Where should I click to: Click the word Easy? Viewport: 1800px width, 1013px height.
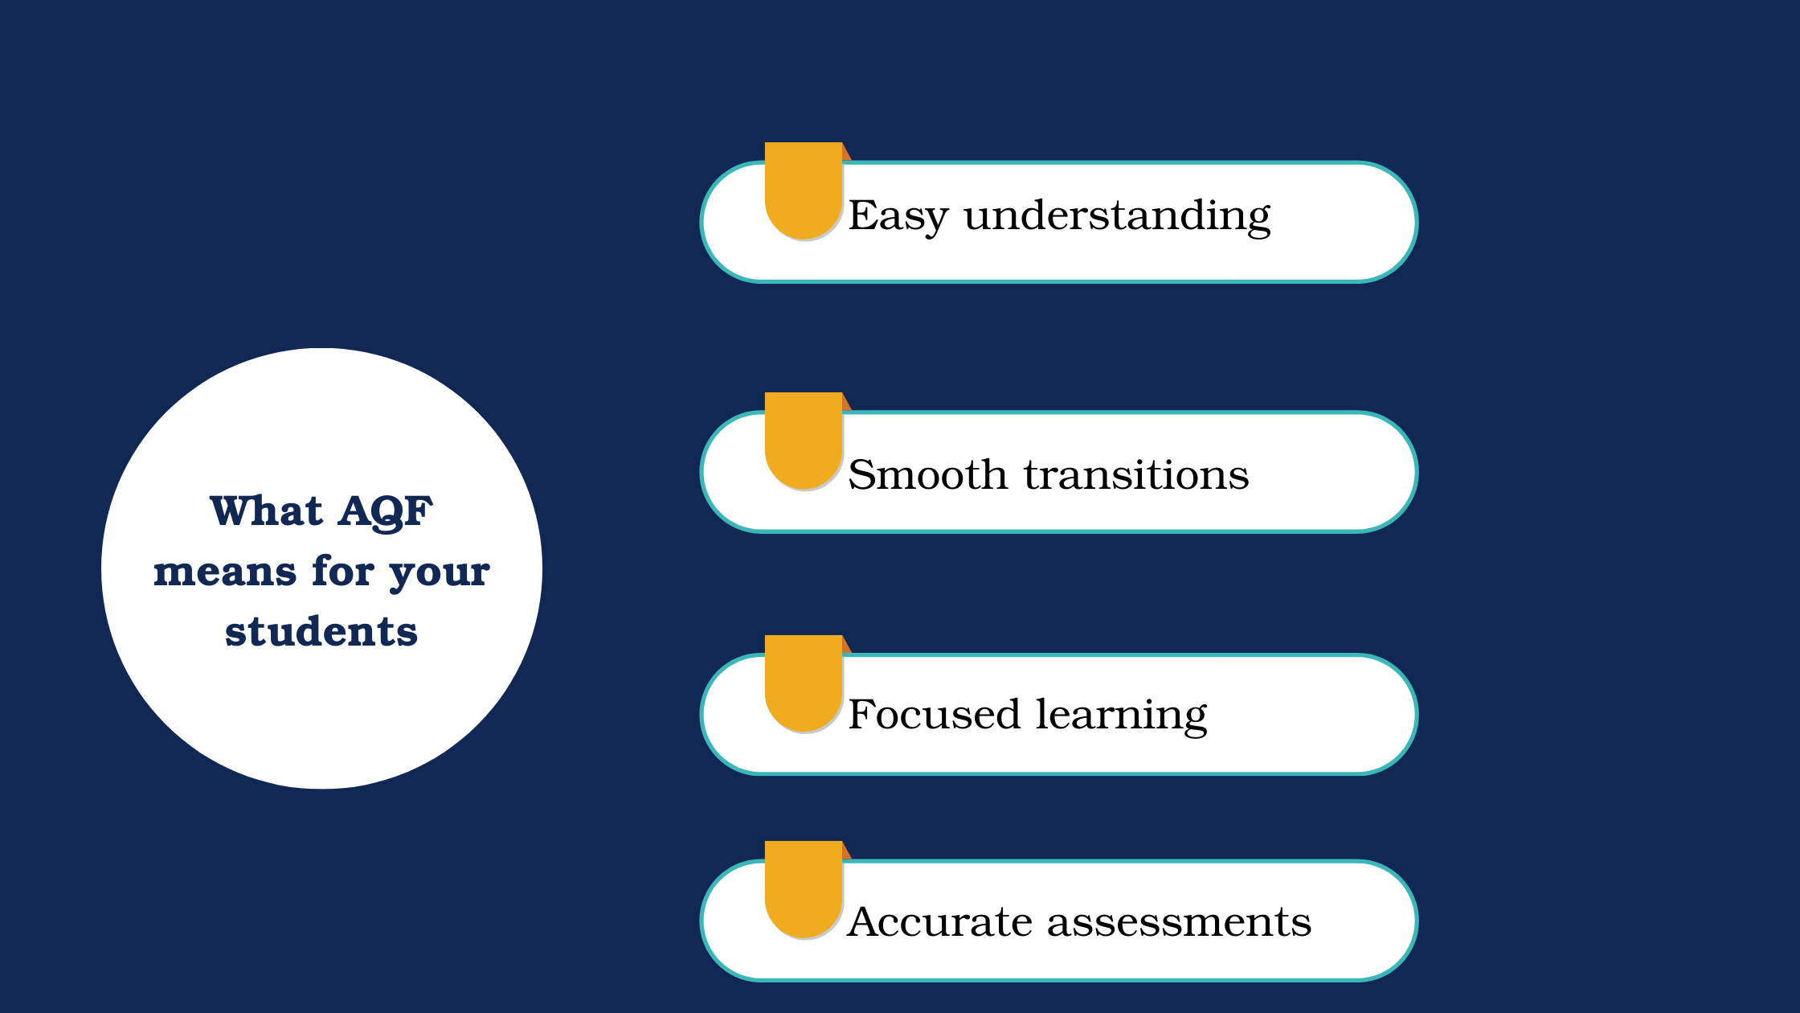[x=898, y=216]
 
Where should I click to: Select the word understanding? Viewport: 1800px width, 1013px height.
[x=1117, y=216]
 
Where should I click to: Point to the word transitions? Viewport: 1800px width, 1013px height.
[x=1136, y=474]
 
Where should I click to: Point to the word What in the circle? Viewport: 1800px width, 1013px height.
[x=266, y=511]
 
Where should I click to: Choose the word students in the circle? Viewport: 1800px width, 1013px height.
[x=321, y=631]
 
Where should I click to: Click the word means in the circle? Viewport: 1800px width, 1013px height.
[x=225, y=572]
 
